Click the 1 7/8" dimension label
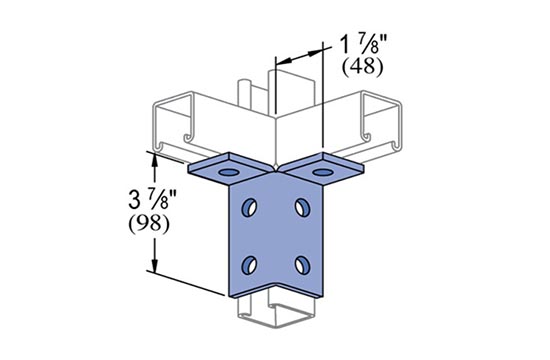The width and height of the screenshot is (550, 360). [x=363, y=45]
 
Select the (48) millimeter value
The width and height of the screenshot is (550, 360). [x=363, y=67]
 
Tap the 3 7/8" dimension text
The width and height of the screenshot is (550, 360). [x=152, y=199]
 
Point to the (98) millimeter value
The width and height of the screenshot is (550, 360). [x=149, y=224]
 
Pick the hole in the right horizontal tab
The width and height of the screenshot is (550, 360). [x=322, y=172]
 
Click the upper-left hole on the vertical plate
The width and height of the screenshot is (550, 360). [x=249, y=207]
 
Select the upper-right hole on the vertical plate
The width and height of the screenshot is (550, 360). [x=302, y=207]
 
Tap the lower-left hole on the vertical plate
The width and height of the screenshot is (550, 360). [x=249, y=265]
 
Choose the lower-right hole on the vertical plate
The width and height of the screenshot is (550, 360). [x=302, y=265]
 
